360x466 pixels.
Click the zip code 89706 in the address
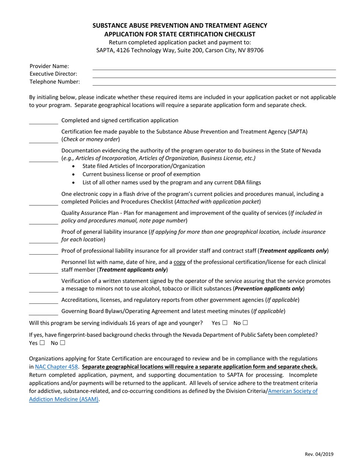pos(255,50)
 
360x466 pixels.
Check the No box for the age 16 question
pos(246,323)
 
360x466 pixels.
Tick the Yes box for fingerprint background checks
pos(42,343)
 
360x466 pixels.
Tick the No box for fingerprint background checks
pos(63,343)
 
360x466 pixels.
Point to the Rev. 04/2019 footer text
pos(319,454)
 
